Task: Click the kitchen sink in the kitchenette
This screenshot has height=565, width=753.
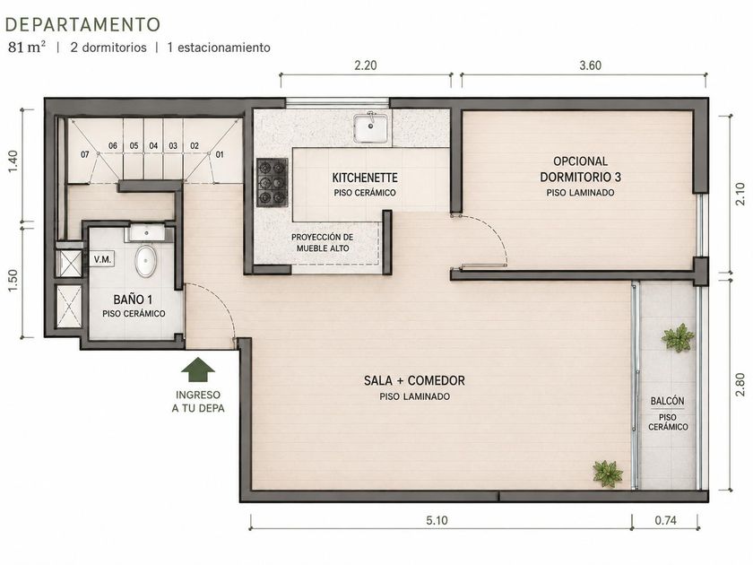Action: [x=370, y=127]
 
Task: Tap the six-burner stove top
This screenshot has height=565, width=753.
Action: [x=272, y=183]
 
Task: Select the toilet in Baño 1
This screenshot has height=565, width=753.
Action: [x=145, y=261]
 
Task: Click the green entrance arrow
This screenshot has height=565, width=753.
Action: [x=198, y=369]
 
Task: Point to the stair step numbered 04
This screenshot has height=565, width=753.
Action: [x=153, y=145]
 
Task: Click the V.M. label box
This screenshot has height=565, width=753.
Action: [x=102, y=259]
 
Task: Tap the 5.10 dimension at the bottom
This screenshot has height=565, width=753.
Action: [x=437, y=520]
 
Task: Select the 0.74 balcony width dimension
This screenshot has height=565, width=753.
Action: [x=665, y=520]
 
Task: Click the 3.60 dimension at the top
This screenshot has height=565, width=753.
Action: [x=590, y=65]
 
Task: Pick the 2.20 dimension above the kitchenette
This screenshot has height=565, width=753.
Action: [x=366, y=65]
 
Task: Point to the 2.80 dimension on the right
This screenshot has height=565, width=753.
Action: [x=740, y=385]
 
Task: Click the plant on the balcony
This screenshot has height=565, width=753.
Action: [x=678, y=337]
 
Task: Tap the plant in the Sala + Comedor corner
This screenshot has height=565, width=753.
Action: [x=608, y=474]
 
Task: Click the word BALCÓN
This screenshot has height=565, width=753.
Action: [x=668, y=401]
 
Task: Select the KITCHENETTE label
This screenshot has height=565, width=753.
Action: [x=365, y=178]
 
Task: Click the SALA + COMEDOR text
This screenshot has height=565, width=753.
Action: [x=414, y=380]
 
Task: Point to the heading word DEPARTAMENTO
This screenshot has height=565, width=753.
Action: [x=82, y=24]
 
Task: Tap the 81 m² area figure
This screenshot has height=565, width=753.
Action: [x=27, y=47]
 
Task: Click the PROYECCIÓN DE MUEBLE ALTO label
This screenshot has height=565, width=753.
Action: [x=322, y=243]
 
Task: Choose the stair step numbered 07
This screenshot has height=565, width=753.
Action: [x=85, y=154]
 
